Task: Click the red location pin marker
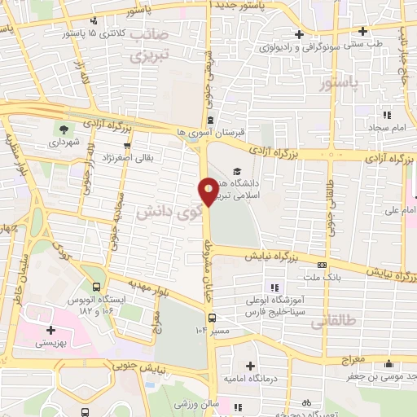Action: tap(208, 191)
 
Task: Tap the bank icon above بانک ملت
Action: tap(323, 264)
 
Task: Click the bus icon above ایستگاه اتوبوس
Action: tap(97, 288)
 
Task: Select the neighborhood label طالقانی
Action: tap(334, 322)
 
